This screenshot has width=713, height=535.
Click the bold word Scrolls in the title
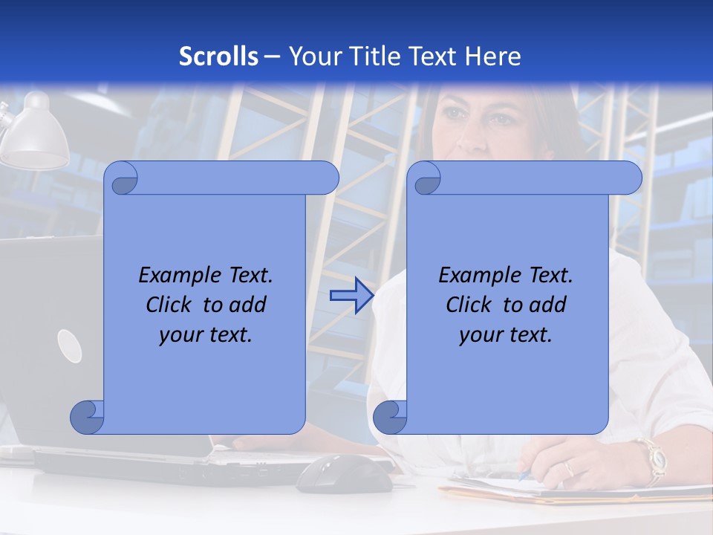(218, 56)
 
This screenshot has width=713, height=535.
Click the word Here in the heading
(493, 56)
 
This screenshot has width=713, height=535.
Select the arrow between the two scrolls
(351, 296)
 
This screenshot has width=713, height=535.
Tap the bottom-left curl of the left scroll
(87, 417)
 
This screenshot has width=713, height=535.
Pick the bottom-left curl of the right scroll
(390, 417)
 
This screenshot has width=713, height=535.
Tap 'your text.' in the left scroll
(206, 335)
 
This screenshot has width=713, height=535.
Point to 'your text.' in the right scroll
(506, 335)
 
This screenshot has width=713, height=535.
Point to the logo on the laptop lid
(69, 346)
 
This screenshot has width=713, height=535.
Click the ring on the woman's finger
(568, 469)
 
